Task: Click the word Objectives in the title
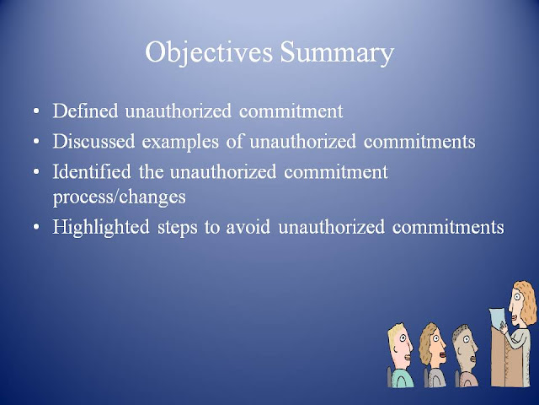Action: pos(209,52)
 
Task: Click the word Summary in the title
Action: pos(337,52)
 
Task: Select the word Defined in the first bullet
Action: pos(85,111)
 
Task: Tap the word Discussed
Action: pos(93,141)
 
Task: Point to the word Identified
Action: pos(92,171)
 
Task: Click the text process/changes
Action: pos(120,197)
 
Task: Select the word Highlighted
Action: pos(101,227)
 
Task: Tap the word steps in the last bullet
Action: pos(178,228)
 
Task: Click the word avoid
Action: pos(248,227)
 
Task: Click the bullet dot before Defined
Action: pos(36,112)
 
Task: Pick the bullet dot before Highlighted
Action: pos(36,227)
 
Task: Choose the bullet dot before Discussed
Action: pos(36,142)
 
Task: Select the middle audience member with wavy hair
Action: pos(432,354)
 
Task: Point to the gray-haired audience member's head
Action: pos(465,347)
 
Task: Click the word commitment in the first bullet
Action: pos(291,111)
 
